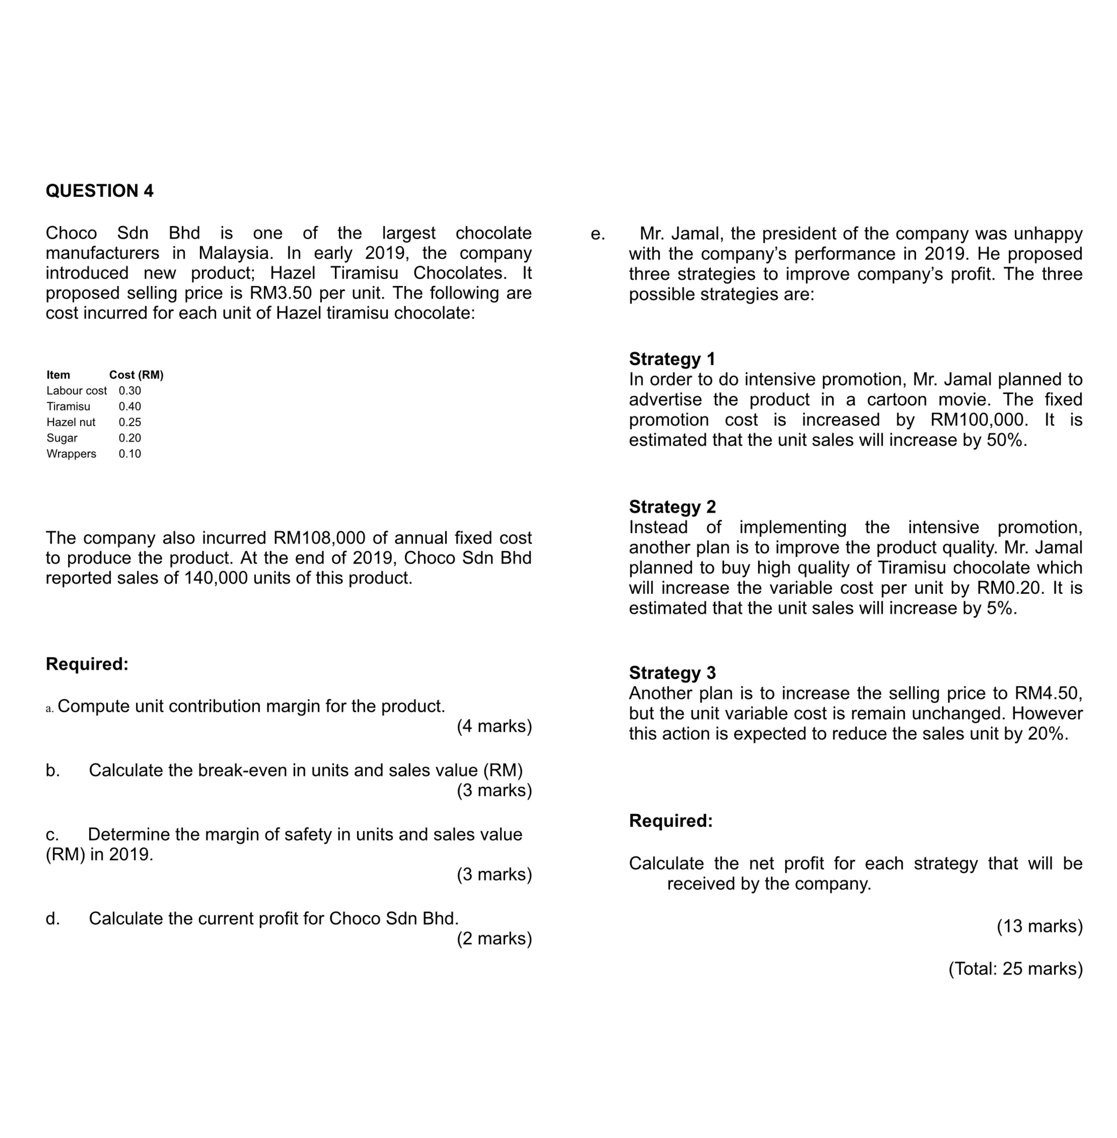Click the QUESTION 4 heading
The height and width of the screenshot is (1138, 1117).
[100, 191]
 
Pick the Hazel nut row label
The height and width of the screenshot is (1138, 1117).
[71, 422]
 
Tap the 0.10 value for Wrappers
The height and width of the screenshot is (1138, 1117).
[130, 454]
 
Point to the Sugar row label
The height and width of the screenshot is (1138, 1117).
[62, 438]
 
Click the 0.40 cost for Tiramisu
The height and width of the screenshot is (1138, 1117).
[130, 406]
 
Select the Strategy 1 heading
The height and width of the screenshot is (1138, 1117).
[672, 359]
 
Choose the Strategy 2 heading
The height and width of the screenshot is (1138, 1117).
[672, 507]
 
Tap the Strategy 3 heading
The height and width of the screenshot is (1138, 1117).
[672, 673]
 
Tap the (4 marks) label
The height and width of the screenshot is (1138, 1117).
[494, 726]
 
